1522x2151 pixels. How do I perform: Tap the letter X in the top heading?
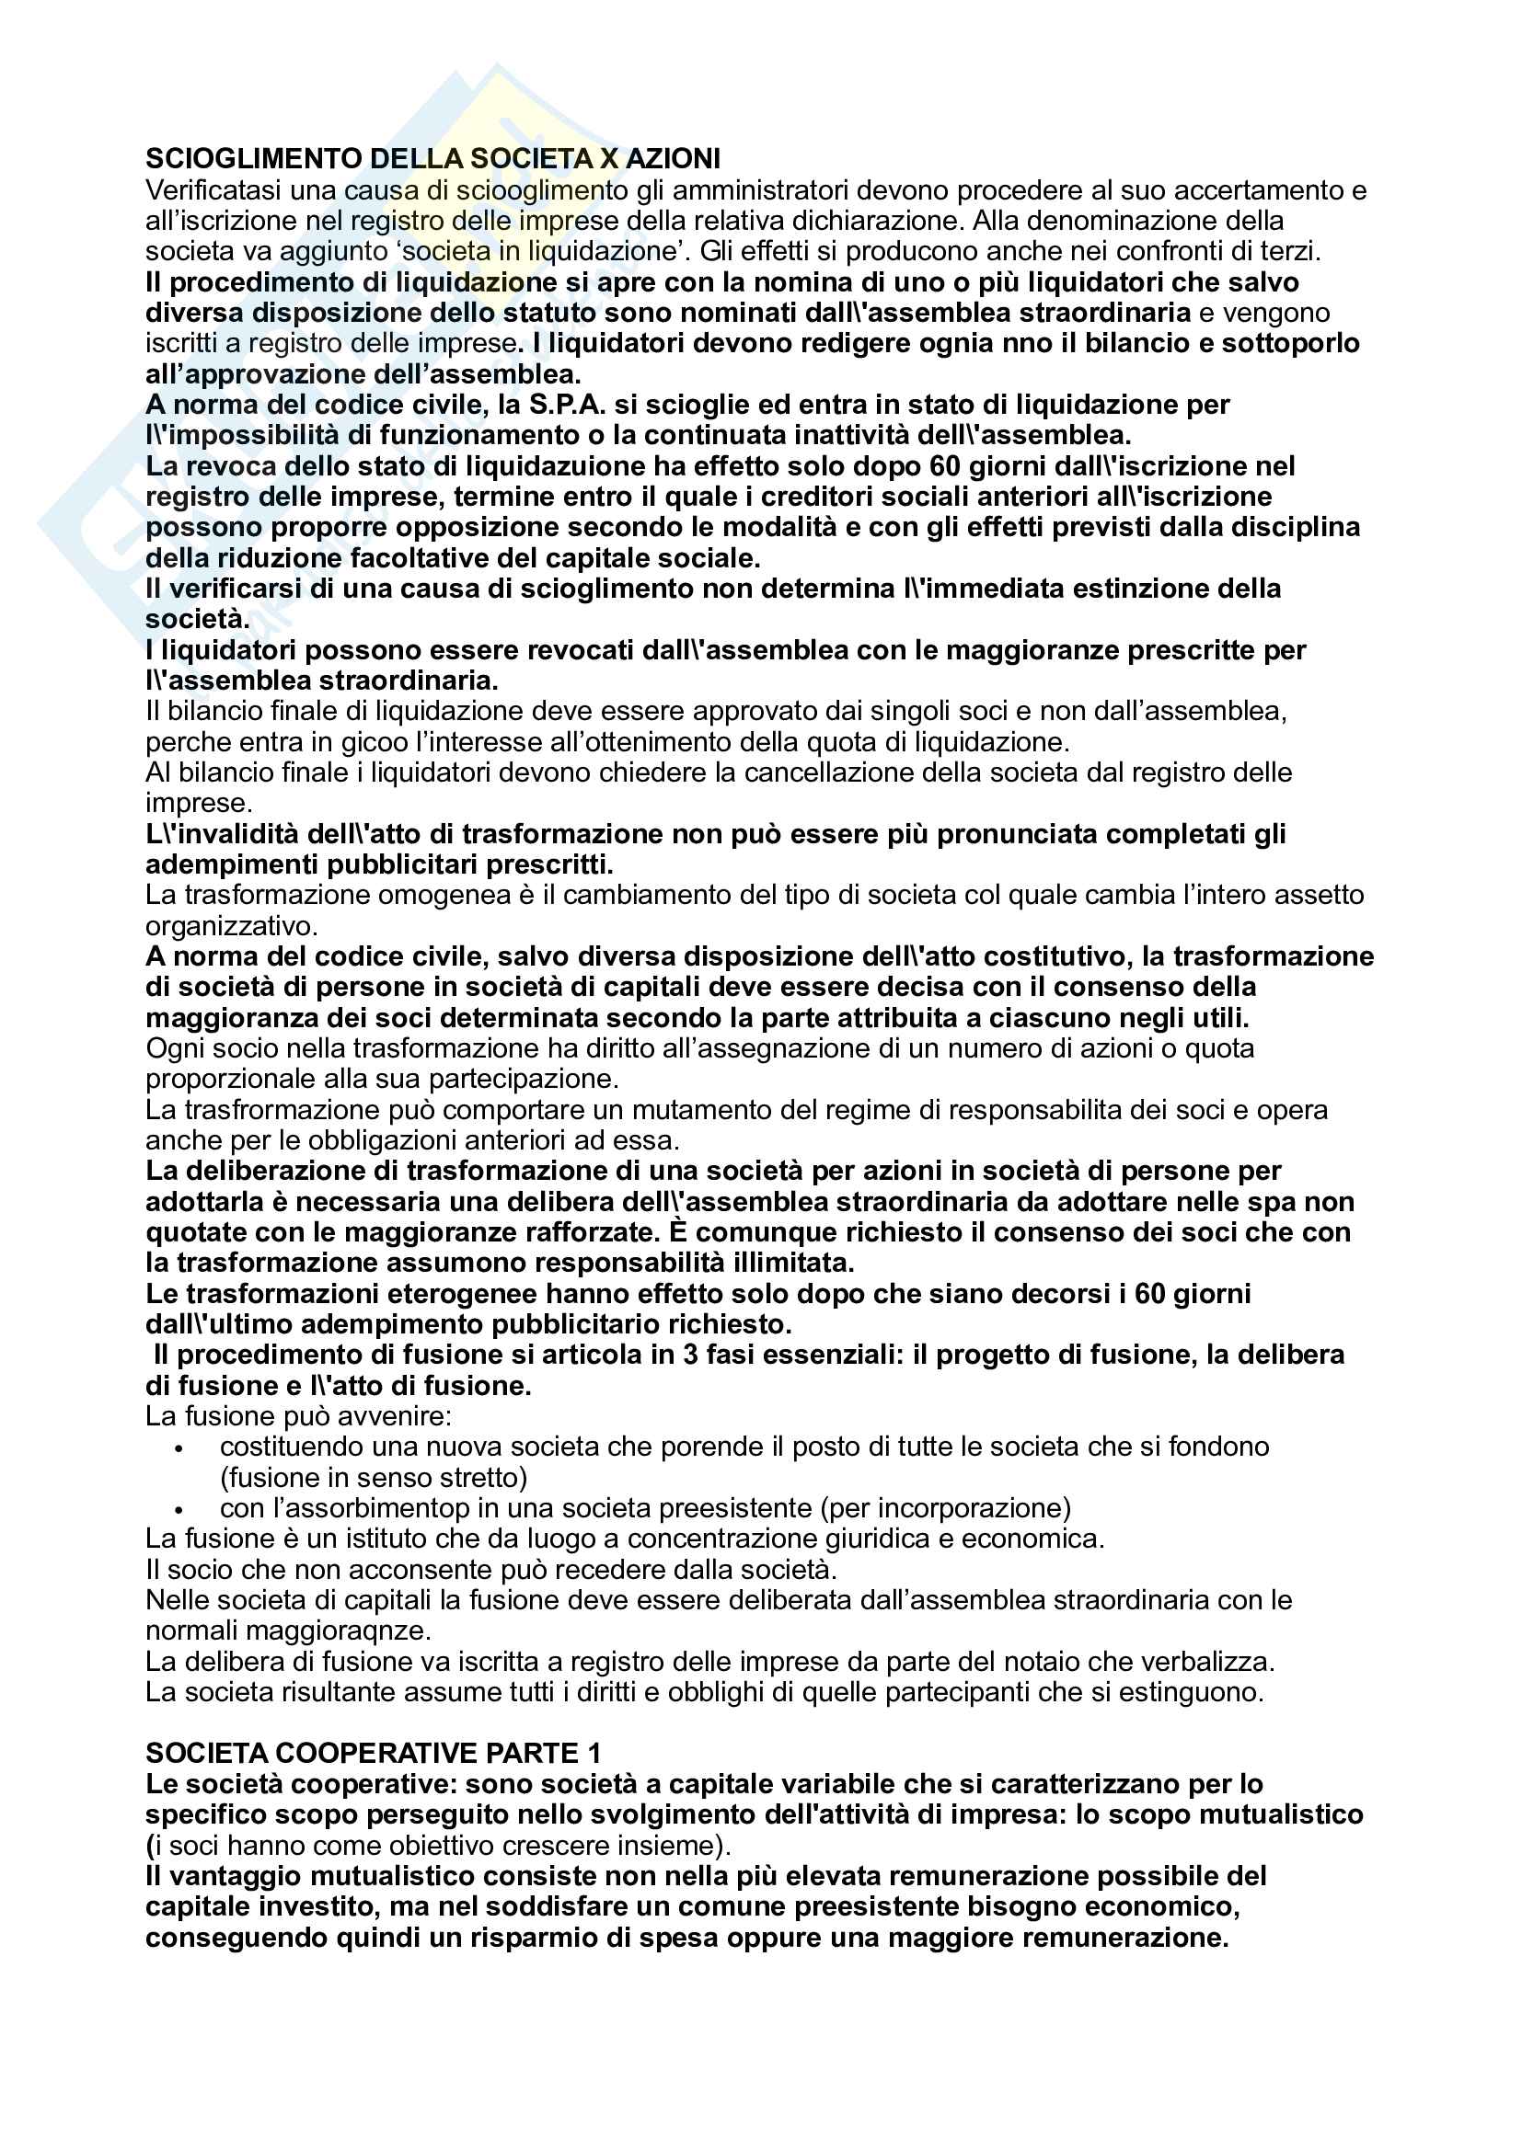coord(609,158)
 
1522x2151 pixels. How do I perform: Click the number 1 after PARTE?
coord(595,1753)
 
